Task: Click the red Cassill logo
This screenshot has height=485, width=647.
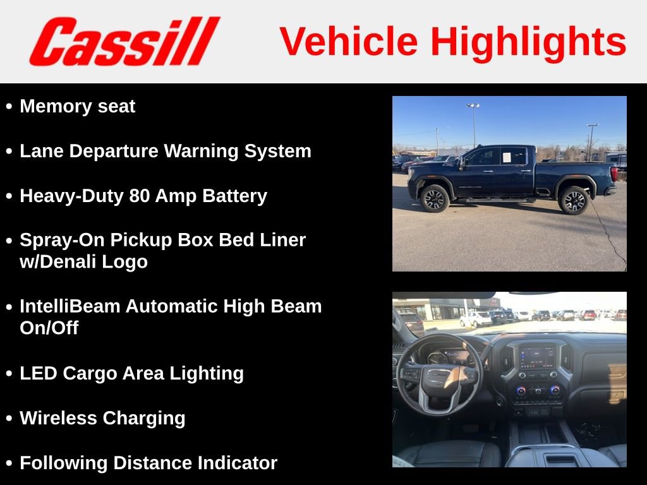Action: (x=124, y=42)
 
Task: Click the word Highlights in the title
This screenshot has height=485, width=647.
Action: (x=528, y=42)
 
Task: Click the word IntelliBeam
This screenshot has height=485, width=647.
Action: (x=70, y=306)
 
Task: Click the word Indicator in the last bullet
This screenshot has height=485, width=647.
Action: (x=237, y=463)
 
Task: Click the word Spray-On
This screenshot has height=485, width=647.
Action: (x=62, y=240)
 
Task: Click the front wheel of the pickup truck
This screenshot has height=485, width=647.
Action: (x=435, y=198)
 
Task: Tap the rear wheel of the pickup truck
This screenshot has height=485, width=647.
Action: (x=574, y=200)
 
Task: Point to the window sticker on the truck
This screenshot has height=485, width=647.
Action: (x=507, y=155)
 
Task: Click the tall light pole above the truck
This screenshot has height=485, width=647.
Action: (x=473, y=124)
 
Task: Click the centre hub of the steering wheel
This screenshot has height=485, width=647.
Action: (x=437, y=376)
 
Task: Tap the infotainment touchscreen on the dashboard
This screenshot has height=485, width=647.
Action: (x=536, y=357)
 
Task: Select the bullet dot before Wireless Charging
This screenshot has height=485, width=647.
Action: (x=9, y=419)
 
